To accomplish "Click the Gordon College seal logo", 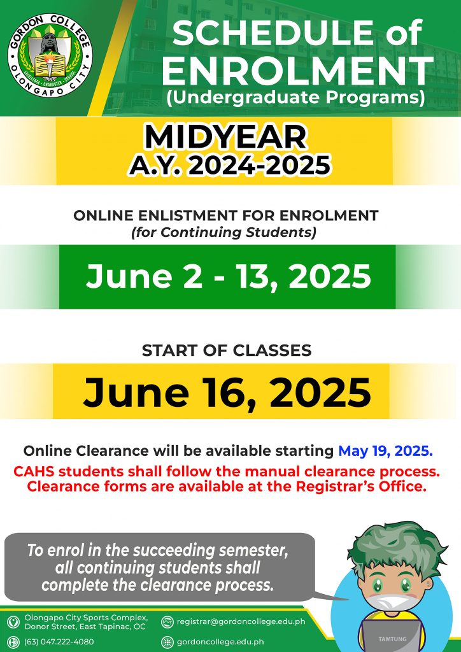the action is (50, 55).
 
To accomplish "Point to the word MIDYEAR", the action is (225, 138).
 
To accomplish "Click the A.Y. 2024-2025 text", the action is (229, 166).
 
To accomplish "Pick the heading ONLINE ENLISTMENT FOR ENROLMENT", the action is (225, 215).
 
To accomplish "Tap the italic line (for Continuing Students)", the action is (223, 232).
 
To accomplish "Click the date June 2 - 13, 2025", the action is (228, 276).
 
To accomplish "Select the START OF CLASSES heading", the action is (227, 351).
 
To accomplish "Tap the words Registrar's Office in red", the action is (361, 486).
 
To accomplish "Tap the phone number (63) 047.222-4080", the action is (59, 642).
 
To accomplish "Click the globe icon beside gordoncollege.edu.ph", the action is (167, 642).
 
